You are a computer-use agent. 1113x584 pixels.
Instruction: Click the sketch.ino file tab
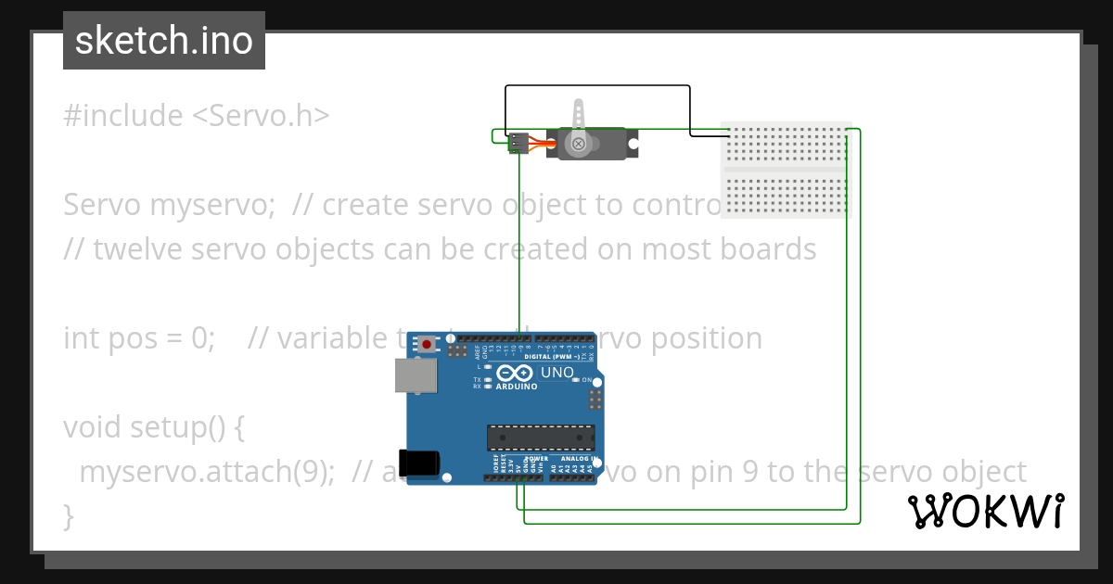point(163,41)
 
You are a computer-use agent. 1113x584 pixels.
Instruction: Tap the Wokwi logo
point(985,511)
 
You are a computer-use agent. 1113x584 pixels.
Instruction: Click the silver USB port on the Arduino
point(415,375)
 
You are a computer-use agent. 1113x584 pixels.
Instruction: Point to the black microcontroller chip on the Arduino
point(541,438)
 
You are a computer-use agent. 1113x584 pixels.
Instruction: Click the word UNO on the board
point(557,373)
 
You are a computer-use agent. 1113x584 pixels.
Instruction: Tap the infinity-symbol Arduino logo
point(513,373)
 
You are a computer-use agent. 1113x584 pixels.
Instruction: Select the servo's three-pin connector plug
point(519,143)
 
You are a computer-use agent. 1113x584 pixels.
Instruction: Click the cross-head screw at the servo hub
point(579,144)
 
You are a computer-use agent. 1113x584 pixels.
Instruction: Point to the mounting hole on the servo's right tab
point(634,144)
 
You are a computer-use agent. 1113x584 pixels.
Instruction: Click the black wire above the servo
point(597,86)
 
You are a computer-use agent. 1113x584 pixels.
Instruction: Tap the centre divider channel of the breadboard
point(785,171)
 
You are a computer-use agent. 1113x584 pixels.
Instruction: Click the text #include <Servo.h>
point(197,116)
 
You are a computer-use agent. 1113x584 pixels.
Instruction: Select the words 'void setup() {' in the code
point(153,427)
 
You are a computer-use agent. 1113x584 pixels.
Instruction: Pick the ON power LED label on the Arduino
point(586,380)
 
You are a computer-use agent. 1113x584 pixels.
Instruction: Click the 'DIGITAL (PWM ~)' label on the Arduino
point(554,356)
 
